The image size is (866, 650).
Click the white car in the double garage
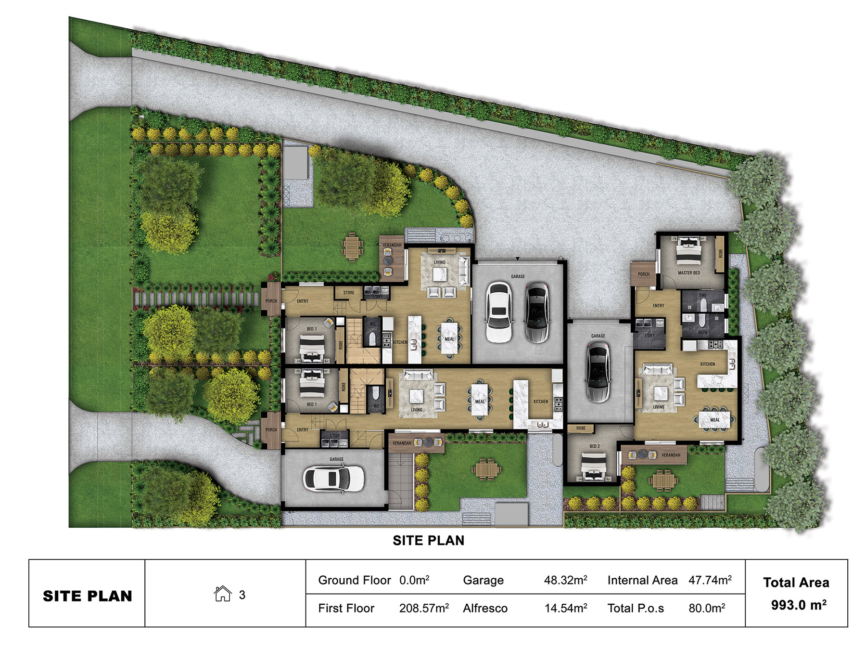coord(499,312)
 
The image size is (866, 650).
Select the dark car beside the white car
coord(536,312)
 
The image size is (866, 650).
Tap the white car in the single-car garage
coord(333,478)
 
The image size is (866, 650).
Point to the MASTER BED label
coord(688,273)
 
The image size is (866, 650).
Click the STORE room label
coord(348,292)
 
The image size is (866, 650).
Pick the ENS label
coord(703,295)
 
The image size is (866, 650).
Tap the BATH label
coord(702,332)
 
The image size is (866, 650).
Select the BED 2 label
coord(594,446)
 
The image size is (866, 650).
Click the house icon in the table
coord(222,594)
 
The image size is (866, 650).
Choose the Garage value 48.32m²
coord(565,580)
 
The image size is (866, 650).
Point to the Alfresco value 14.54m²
coord(565,608)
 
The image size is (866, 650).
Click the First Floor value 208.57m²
coord(423,608)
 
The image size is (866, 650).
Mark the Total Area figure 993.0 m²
coord(798,605)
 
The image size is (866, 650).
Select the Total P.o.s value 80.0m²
coord(706,608)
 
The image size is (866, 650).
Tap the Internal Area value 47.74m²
coord(710,580)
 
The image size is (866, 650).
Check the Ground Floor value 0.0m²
coord(414,580)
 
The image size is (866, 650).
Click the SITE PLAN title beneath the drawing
coord(428,541)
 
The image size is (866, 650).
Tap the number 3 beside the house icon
coord(242,595)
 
